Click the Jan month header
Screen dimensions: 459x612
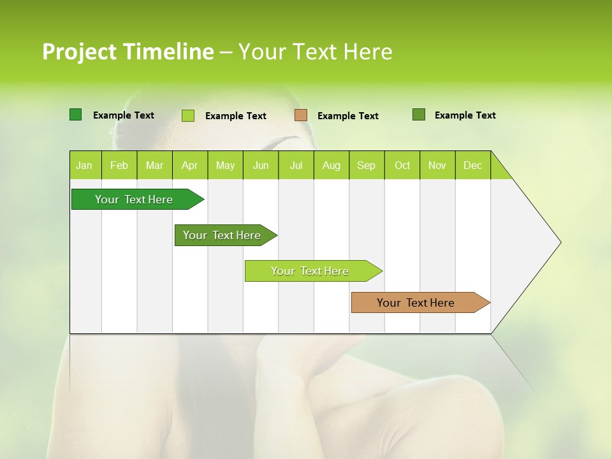(85, 165)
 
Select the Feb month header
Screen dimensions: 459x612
(119, 165)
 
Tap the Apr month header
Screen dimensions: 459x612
(190, 165)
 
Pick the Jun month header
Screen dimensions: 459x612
(261, 165)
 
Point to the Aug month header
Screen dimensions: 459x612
(331, 165)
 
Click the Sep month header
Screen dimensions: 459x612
(367, 165)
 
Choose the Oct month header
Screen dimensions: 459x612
(402, 165)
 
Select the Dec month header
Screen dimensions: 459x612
(473, 165)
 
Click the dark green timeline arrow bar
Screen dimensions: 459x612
(135, 200)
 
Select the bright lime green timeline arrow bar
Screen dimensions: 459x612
(310, 271)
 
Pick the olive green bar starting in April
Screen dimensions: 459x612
(222, 235)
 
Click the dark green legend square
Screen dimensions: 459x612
(75, 115)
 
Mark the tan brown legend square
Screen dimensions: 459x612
(301, 115)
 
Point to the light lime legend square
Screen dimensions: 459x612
(188, 115)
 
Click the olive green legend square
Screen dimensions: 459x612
(419, 115)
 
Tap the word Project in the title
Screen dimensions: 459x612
(79, 52)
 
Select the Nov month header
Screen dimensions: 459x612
(437, 165)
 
